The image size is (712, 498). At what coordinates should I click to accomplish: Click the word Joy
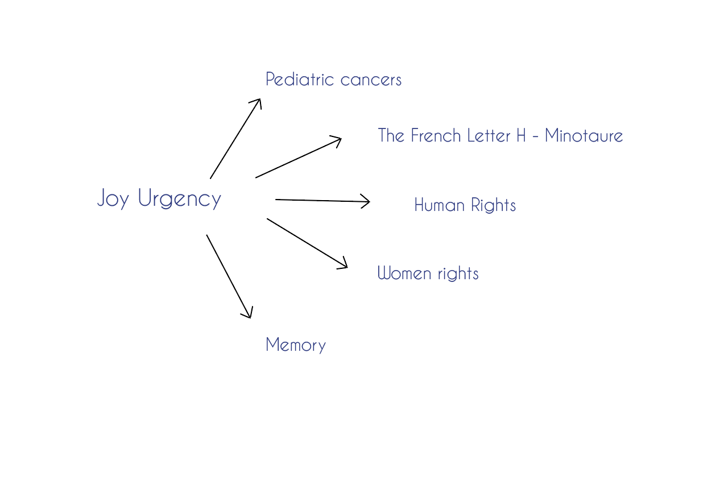tap(113, 198)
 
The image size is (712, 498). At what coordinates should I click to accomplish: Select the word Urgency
tap(179, 198)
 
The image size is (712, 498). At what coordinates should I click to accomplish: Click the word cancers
tap(371, 80)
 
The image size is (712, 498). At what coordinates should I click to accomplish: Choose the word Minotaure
tap(583, 135)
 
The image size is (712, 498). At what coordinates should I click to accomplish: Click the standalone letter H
tap(521, 135)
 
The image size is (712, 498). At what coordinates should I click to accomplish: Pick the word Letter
tap(489, 135)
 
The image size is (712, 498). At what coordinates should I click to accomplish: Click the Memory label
tap(295, 345)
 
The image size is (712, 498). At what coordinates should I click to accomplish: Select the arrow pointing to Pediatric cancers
tap(235, 139)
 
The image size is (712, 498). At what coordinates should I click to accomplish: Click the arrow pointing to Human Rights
tap(322, 201)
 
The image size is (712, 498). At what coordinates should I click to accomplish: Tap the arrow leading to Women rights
tap(307, 243)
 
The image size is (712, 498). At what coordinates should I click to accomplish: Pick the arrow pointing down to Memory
tap(229, 276)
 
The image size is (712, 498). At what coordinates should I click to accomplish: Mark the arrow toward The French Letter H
tap(299, 157)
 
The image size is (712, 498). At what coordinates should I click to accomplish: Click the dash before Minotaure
tap(535, 136)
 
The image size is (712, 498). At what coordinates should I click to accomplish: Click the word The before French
tap(391, 135)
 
